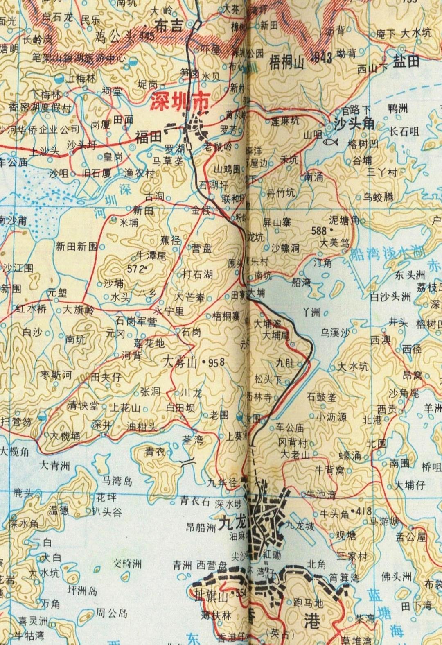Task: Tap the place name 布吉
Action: click(x=168, y=26)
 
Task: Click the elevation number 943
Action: click(x=322, y=57)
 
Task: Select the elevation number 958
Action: click(x=216, y=362)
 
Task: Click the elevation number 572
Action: click(x=138, y=269)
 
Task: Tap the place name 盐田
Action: click(x=406, y=61)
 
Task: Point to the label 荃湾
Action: click(x=192, y=440)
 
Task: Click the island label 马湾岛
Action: click(x=117, y=480)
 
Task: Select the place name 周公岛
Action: click(x=111, y=613)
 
